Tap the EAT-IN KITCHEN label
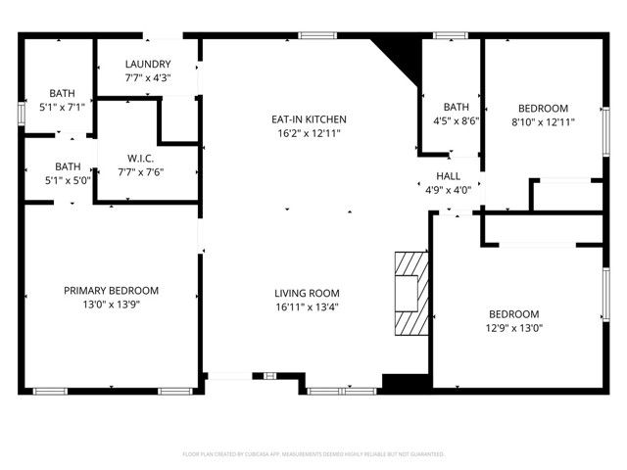(x=309, y=119)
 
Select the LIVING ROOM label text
(x=307, y=293)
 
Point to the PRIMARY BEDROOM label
(x=111, y=291)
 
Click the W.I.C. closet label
(x=141, y=159)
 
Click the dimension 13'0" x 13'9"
(x=111, y=305)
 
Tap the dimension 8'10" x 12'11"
(x=542, y=122)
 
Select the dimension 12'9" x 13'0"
(x=513, y=328)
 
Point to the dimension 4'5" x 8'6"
(x=457, y=121)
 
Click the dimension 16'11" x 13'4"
(x=307, y=306)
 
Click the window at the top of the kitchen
(x=313, y=36)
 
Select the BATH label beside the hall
(x=457, y=108)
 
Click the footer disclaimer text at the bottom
(x=313, y=454)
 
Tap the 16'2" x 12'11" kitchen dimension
(x=309, y=133)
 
